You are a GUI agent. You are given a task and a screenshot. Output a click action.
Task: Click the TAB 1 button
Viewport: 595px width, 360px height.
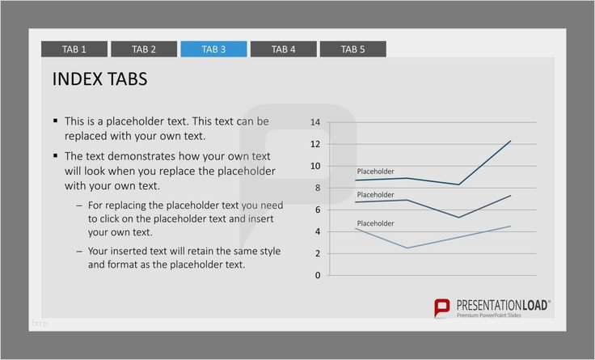coord(74,49)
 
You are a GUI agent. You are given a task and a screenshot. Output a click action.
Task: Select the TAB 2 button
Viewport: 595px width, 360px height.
coord(144,49)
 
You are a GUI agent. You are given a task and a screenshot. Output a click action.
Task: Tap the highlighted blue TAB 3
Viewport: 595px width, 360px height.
coord(213,49)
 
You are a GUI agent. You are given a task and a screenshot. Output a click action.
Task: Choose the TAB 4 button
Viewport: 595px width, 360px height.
coord(284,49)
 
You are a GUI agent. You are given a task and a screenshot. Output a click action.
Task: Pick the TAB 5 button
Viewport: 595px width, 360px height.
coord(353,49)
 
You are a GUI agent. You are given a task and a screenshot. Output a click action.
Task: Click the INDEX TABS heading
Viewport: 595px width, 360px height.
coord(99,79)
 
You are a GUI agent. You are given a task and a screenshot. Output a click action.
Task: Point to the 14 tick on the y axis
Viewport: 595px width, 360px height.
coord(315,122)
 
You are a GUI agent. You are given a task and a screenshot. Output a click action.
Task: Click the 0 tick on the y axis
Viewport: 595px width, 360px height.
coord(318,275)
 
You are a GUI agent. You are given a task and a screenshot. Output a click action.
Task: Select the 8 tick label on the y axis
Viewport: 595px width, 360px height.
coord(318,188)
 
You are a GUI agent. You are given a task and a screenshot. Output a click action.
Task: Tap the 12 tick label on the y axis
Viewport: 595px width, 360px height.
coord(315,144)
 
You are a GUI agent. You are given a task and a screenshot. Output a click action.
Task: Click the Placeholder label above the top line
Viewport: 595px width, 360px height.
coord(375,172)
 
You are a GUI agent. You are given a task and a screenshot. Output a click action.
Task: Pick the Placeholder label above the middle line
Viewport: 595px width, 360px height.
coord(375,195)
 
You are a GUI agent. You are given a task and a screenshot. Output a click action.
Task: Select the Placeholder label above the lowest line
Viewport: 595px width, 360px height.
coord(375,223)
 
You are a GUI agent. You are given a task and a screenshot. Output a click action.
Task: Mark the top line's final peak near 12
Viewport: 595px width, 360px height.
coord(510,141)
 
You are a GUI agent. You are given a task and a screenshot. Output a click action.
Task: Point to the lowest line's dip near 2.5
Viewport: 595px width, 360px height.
coord(407,248)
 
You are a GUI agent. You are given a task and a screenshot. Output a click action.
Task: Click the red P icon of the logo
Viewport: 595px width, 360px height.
coord(442,307)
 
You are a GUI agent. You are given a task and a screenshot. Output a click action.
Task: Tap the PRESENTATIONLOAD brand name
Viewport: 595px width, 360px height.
coord(502,305)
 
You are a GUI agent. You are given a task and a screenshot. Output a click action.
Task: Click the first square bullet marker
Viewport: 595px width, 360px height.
coord(56,121)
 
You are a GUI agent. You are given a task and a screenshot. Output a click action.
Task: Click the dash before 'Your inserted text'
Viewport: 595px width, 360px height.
coord(79,252)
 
